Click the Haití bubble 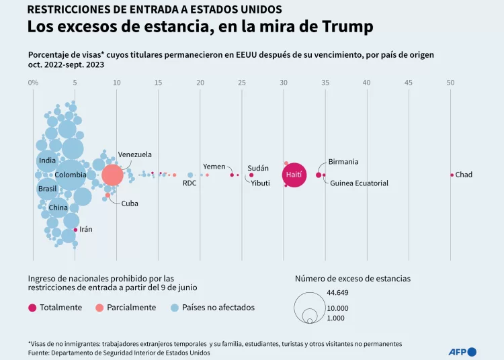click(x=294, y=175)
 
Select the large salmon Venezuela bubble click(x=112, y=175)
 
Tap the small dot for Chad click(x=452, y=175)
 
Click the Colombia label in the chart click(x=70, y=175)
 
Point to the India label click(x=47, y=161)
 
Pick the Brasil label click(x=47, y=189)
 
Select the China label click(x=58, y=208)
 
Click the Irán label click(x=86, y=229)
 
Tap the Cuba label click(x=130, y=203)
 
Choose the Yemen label click(x=214, y=167)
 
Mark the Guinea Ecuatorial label click(x=359, y=183)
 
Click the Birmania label click(x=343, y=162)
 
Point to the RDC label click(x=190, y=183)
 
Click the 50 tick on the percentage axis click(x=450, y=83)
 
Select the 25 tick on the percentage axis click(x=242, y=83)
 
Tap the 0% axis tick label click(x=33, y=83)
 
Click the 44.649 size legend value click(x=337, y=292)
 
